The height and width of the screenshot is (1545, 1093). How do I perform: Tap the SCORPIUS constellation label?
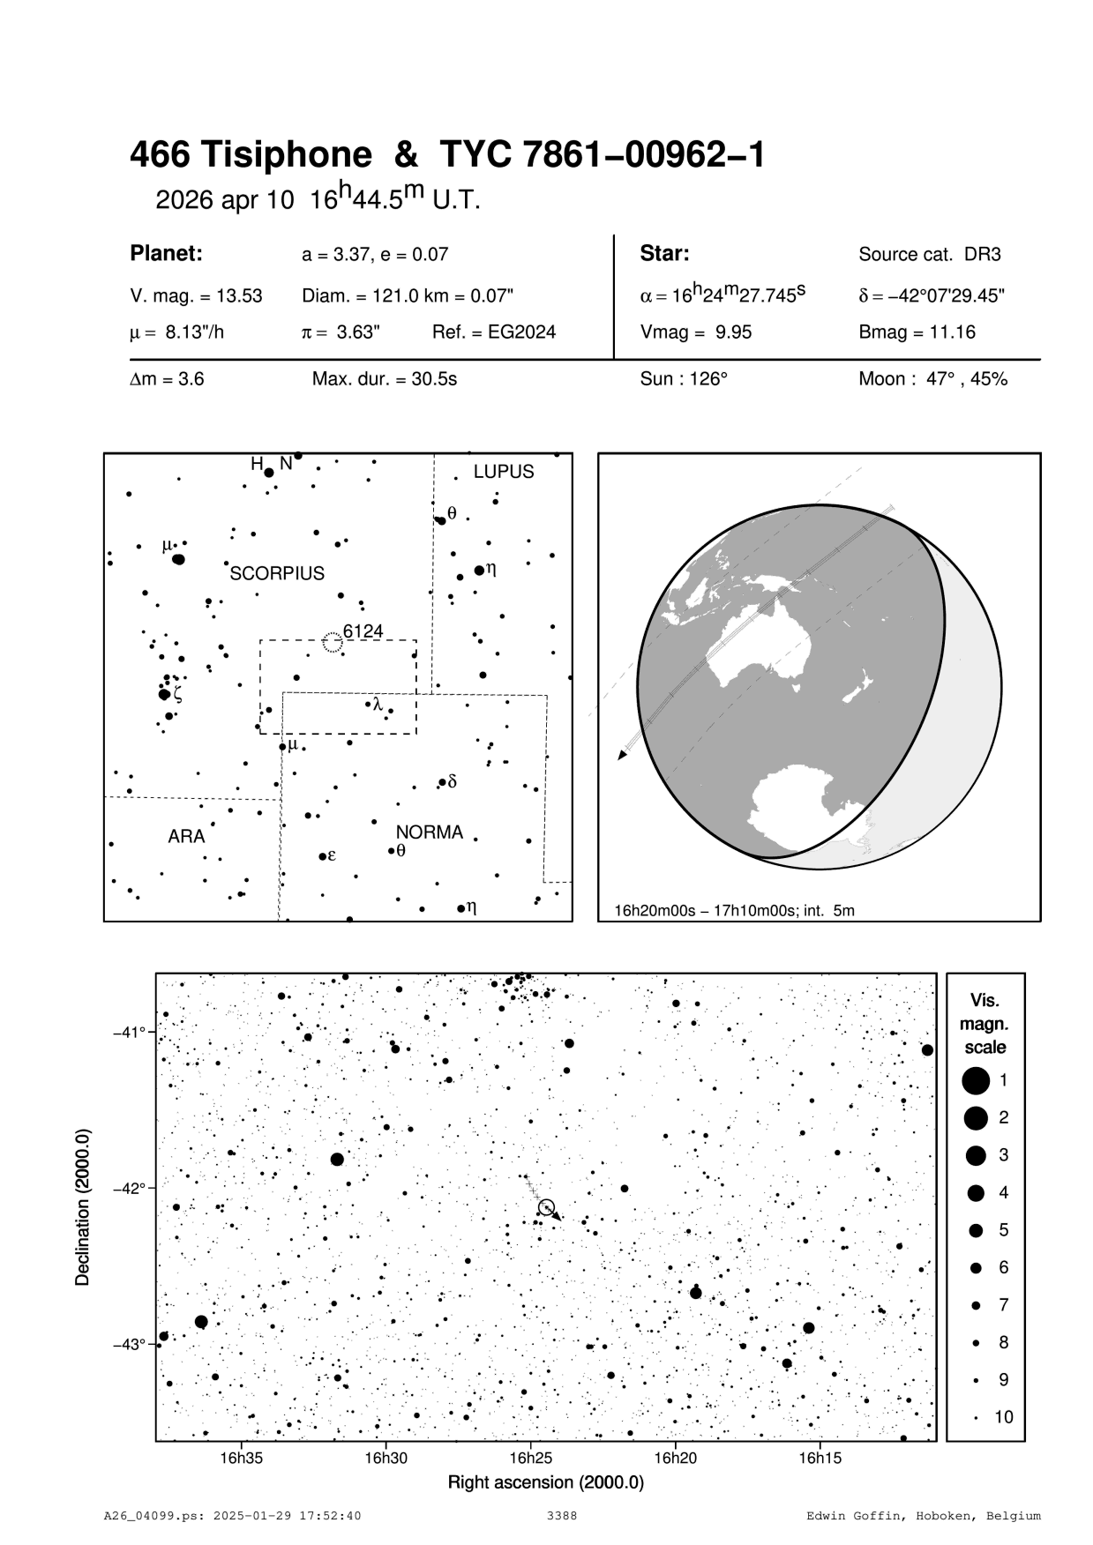click(x=277, y=573)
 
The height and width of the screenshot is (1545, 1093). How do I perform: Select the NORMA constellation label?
click(x=429, y=832)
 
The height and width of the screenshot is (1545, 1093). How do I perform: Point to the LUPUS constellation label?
click(x=504, y=472)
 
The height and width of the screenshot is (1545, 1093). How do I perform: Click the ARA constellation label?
click(x=186, y=836)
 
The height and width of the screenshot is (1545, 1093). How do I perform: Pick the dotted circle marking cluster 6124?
click(x=333, y=642)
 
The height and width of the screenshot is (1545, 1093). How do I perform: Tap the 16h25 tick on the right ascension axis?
click(x=531, y=1459)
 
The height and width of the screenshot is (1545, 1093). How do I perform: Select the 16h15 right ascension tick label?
click(x=820, y=1459)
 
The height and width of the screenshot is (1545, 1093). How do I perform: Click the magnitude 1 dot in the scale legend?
click(x=976, y=1080)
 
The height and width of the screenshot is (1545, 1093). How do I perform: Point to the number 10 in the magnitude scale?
click(x=1004, y=1417)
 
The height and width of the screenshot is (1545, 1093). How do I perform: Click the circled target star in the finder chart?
click(x=546, y=1207)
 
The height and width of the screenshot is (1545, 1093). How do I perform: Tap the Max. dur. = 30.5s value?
click(x=385, y=380)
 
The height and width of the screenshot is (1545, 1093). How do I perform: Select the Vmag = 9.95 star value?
click(x=696, y=332)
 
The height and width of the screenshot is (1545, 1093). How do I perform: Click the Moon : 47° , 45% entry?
click(x=932, y=380)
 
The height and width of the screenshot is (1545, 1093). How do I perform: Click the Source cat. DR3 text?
click(x=930, y=255)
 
